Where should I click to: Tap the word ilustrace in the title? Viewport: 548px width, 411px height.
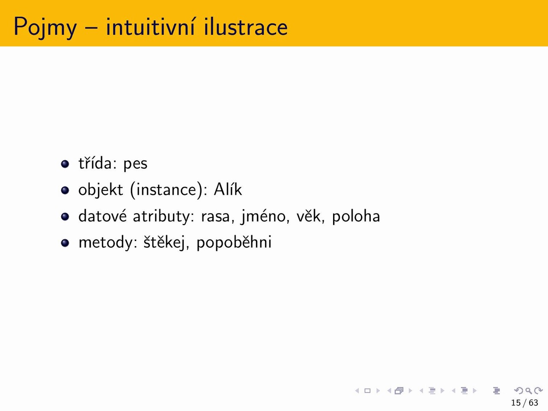point(246,27)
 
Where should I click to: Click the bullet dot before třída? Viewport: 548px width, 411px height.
point(65,164)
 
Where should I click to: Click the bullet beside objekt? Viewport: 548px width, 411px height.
point(65,190)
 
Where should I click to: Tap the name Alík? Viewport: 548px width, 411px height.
point(228,189)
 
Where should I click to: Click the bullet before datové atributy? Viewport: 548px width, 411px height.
point(65,216)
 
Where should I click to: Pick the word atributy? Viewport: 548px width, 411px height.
point(164,216)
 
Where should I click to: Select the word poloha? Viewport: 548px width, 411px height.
point(356,216)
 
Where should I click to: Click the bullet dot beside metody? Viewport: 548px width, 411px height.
point(65,243)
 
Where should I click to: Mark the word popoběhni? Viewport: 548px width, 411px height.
point(234,242)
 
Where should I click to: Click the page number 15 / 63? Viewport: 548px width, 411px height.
point(524,402)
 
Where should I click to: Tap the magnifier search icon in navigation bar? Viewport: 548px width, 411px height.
point(528,390)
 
